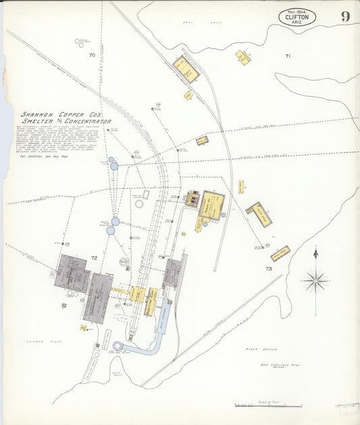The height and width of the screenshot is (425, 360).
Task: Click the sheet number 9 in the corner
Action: (x=345, y=16)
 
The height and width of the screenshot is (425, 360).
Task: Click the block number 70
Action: (x=92, y=55)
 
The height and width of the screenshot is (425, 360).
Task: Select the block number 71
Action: (x=288, y=56)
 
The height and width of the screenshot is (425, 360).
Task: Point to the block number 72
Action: (x=95, y=258)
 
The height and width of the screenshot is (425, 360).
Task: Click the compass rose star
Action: (x=315, y=278)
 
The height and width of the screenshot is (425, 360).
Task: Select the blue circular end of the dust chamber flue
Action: (x=119, y=347)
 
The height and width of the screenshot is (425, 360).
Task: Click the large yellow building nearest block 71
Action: (x=186, y=68)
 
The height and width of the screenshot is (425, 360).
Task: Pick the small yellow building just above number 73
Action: (x=280, y=253)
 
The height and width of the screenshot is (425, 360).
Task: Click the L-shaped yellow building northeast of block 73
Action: (x=259, y=214)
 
